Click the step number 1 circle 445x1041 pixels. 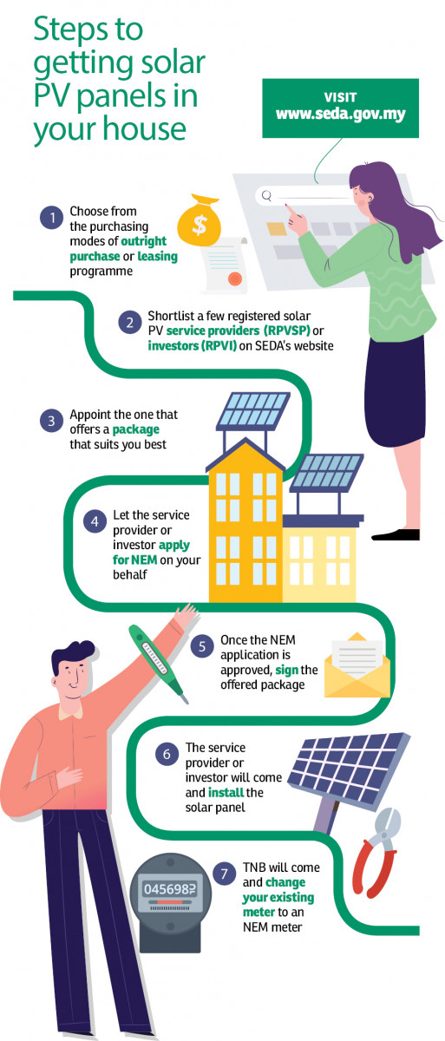click(x=51, y=218)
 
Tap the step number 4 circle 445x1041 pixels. click(x=95, y=521)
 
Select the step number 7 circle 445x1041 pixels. click(x=225, y=874)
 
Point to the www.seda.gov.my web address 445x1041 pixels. click(x=341, y=115)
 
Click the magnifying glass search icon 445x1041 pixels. click(x=266, y=195)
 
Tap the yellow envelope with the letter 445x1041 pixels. click(x=357, y=665)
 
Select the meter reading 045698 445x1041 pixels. click(x=170, y=889)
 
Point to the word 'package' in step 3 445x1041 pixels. click(x=136, y=430)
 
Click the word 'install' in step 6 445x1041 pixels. click(x=226, y=792)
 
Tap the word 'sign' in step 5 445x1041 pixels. click(x=286, y=670)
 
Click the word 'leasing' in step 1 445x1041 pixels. click(x=158, y=257)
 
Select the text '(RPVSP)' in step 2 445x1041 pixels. click(x=286, y=331)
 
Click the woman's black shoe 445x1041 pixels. click(x=396, y=535)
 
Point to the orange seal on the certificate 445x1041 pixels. click(x=235, y=279)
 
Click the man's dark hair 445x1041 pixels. click(x=69, y=654)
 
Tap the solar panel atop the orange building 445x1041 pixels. click(x=252, y=411)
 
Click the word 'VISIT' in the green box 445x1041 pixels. click(x=341, y=97)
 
